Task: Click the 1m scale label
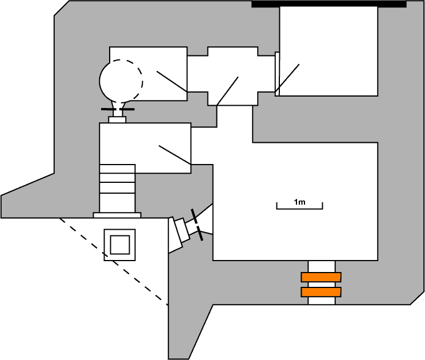coord(299,201)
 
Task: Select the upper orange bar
coord(321,278)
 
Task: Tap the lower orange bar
coord(321,292)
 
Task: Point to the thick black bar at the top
coord(328,4)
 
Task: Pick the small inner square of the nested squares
coord(120,245)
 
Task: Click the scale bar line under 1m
coord(299,207)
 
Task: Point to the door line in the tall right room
coord(287,78)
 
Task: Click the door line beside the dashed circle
coord(171,81)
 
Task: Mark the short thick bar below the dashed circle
coord(118,109)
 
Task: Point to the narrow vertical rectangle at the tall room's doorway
coord(278,74)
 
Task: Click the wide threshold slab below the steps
coord(117,215)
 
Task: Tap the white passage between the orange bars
coord(321,285)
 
